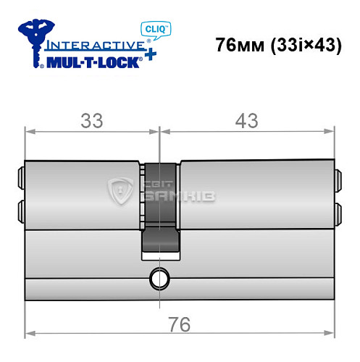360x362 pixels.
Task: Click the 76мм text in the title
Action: (240, 45)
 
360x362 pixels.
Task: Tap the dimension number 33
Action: (91, 121)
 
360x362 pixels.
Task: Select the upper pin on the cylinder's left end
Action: (20, 178)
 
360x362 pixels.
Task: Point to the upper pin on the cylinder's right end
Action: (338, 178)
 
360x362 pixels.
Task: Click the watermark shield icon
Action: (118, 190)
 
